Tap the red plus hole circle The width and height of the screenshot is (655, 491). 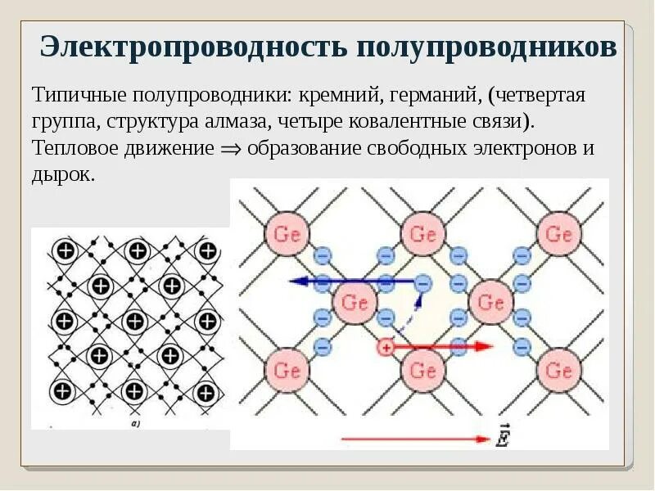pyautogui.click(x=386, y=347)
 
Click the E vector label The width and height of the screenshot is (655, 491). pyautogui.click(x=502, y=438)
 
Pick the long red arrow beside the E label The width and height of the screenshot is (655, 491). pyautogui.click(x=413, y=439)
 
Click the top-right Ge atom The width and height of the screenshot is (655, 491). pyautogui.click(x=559, y=235)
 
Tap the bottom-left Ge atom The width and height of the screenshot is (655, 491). pyautogui.click(x=287, y=371)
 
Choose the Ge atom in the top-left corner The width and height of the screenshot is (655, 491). pyautogui.click(x=287, y=235)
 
